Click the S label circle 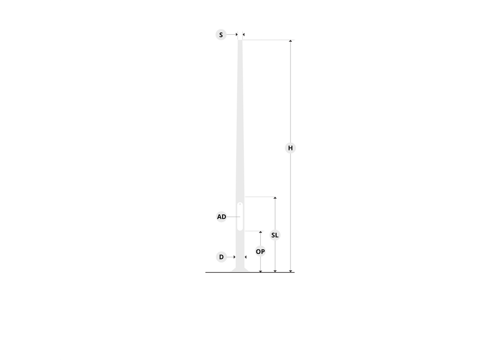(221, 35)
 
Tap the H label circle (291, 148)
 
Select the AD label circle (221, 217)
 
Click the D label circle (221, 257)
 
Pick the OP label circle (261, 251)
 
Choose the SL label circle (275, 235)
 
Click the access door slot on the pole (240, 217)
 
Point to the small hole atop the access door (240, 204)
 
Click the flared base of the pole (240, 270)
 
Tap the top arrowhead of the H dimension (291, 41)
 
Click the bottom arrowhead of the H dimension (291, 271)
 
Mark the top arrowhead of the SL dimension (275, 198)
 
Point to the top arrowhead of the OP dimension (261, 232)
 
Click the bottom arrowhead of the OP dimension (261, 271)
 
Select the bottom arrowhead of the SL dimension (275, 271)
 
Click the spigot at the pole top (240, 36)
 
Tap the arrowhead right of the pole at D (246, 257)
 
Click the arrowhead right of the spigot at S (243, 35)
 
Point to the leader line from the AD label (233, 217)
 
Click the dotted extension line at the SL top (260, 197)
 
